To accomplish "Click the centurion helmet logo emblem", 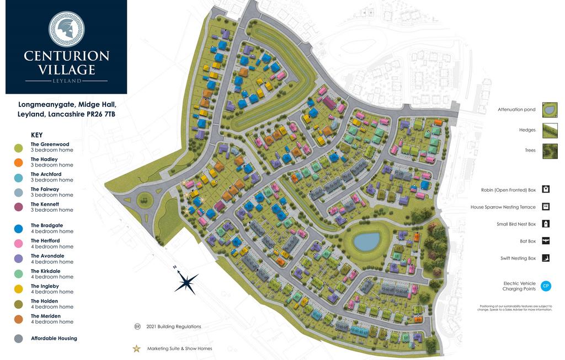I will point(66,29).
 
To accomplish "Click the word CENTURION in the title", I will point(66,56).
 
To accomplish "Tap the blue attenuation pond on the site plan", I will point(367,241).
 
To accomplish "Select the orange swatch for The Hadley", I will point(18,162).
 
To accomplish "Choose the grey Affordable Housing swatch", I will point(18,338).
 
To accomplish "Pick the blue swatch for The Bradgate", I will point(18,228).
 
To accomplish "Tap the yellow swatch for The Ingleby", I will point(18,289).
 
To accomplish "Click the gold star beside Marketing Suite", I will point(136,348).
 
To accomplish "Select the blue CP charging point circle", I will point(546,286).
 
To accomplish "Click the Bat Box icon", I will point(546,241).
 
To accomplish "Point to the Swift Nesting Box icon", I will point(546,258).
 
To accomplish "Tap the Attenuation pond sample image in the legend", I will point(550,110).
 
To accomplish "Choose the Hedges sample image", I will point(550,130).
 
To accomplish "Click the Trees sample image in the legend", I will point(550,151).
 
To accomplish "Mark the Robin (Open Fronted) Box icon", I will point(546,190).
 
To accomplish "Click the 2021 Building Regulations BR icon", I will point(137,326).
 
